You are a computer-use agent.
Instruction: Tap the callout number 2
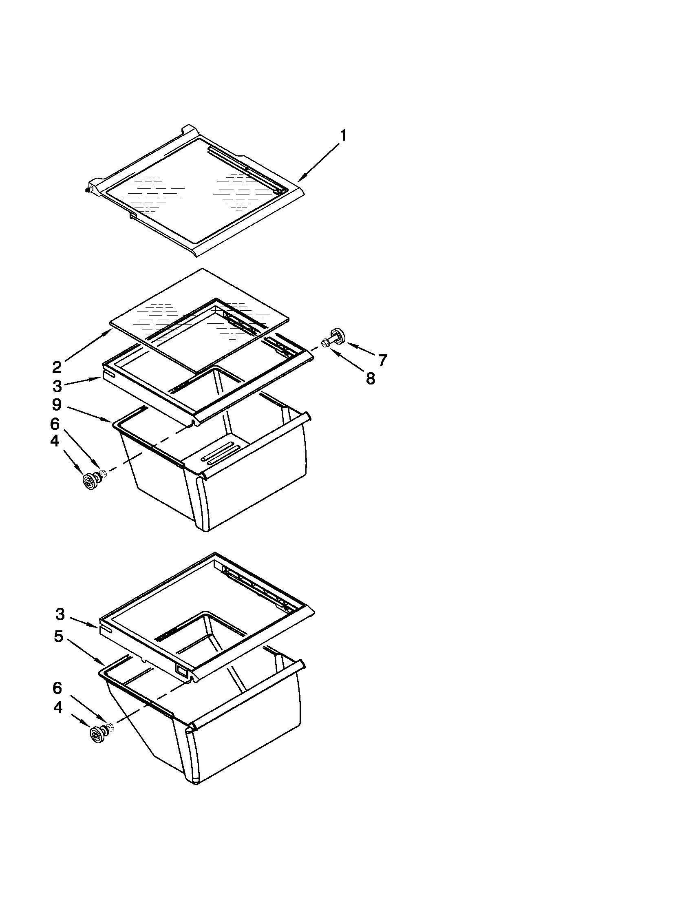click(57, 367)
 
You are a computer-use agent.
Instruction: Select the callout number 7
click(382, 360)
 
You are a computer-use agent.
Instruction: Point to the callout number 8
click(370, 378)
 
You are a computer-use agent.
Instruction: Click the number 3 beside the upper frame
click(57, 386)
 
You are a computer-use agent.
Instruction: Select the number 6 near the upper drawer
click(55, 424)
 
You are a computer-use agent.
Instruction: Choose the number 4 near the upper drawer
click(55, 441)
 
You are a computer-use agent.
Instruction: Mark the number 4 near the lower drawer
click(58, 707)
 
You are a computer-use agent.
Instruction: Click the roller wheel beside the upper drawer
click(89, 481)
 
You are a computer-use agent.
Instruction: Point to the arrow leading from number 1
click(320, 161)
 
